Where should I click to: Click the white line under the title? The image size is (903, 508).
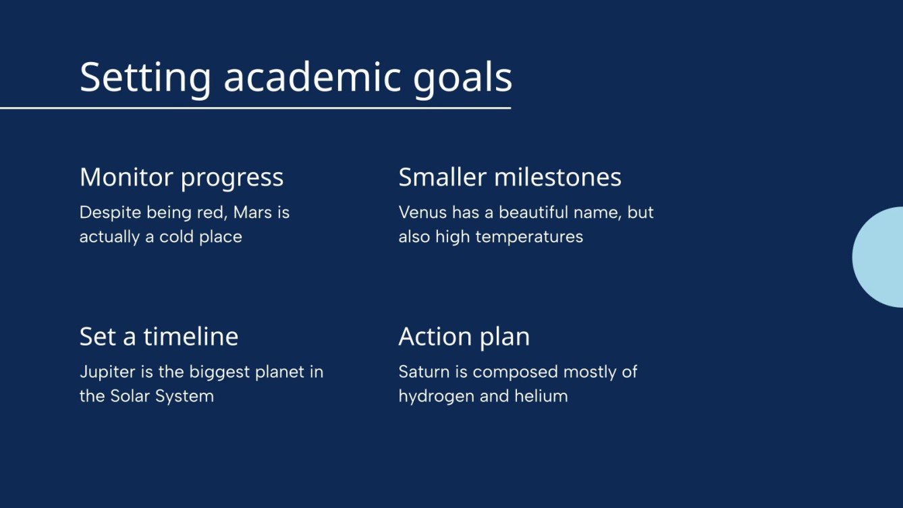255,108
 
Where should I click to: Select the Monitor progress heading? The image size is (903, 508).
182,177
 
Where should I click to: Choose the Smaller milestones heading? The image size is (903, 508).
510,177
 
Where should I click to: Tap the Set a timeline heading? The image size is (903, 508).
159,337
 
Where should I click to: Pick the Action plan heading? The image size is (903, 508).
464,337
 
